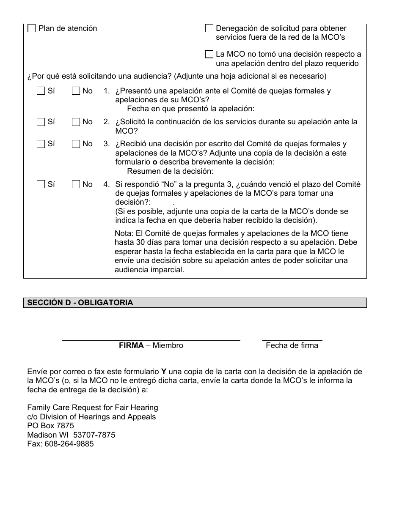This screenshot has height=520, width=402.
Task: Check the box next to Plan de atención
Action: [x=32, y=28]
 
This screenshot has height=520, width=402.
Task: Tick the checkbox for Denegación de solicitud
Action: [x=209, y=28]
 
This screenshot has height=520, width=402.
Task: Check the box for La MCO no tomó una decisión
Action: [x=209, y=54]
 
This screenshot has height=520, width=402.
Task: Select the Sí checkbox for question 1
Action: [x=41, y=91]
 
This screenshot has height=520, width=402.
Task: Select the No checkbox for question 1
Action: [x=76, y=91]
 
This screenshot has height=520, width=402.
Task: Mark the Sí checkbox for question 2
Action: [x=41, y=122]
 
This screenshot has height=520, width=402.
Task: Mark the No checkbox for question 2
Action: [x=76, y=122]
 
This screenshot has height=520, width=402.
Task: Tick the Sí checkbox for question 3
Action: [x=41, y=144]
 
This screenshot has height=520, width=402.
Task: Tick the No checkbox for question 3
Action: [x=76, y=144]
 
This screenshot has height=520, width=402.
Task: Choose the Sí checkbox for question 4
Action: [x=41, y=184]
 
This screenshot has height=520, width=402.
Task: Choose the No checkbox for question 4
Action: [x=76, y=184]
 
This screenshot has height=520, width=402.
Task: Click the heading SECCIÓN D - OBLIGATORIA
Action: [x=80, y=303]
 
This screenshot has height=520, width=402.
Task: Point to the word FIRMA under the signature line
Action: [x=131, y=345]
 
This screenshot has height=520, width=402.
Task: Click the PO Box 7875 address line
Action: [x=50, y=426]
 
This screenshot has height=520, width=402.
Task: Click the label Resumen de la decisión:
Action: [x=170, y=171]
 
